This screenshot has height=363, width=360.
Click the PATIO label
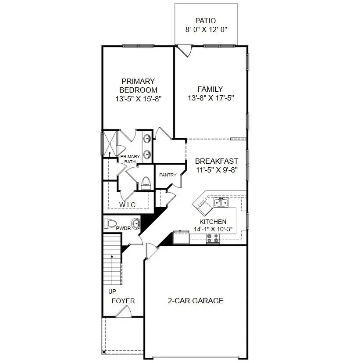[206, 21]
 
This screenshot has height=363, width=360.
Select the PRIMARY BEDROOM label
[138, 86]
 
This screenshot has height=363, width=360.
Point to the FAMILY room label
[210, 89]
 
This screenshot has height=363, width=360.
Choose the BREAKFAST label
[217, 161]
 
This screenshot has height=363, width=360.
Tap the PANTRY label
[168, 175]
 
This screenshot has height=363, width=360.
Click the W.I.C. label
[128, 205]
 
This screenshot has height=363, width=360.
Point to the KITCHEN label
[213, 222]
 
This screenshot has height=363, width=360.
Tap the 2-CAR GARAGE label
[196, 301]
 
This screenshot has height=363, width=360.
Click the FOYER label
[123, 301]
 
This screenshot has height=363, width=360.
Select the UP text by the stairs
[112, 291]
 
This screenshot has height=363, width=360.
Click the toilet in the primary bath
[146, 183]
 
